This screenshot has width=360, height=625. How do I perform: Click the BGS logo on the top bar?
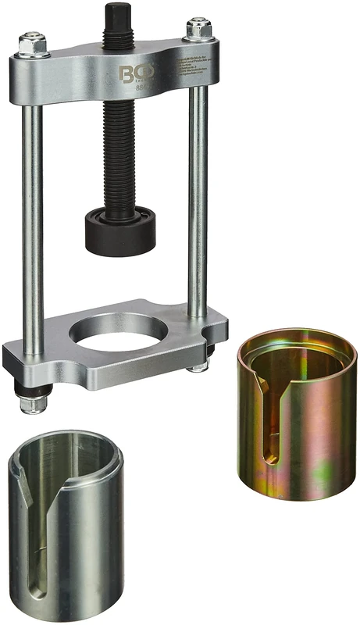[x=129, y=76]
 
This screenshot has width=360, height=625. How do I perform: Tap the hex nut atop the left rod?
[x=31, y=42]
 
